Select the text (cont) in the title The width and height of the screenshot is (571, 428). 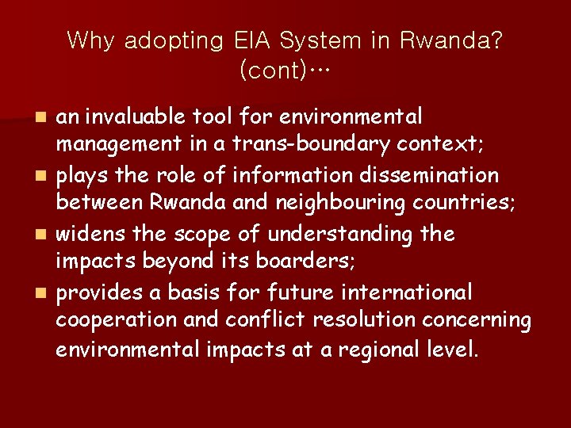point(274,71)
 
